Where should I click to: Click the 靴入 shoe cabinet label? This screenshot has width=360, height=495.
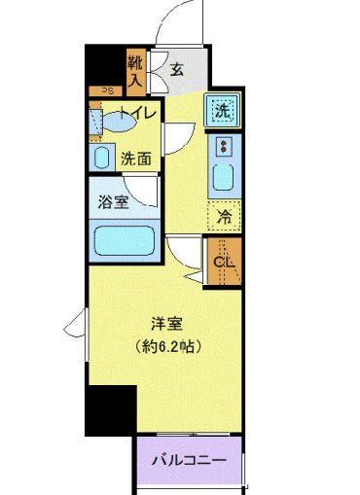[134, 69]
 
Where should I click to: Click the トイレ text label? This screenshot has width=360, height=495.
[132, 112]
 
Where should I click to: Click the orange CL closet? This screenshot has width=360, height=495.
[223, 260]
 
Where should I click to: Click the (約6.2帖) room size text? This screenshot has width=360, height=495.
[168, 346]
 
